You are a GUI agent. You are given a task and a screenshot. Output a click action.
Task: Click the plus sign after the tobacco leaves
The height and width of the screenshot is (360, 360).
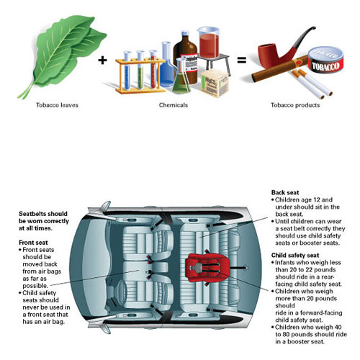coord(102,60)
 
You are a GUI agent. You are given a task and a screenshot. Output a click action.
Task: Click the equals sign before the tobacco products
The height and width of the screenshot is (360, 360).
coord(242,60)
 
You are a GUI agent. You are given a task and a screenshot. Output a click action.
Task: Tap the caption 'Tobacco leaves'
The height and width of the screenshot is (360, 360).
coord(57,105)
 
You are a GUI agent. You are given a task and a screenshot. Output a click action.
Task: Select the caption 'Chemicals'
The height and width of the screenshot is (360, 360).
coord(174,105)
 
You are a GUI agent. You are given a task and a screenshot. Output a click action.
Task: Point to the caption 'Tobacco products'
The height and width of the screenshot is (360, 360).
coord(295,105)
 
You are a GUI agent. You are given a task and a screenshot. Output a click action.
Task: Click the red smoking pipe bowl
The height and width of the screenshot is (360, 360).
coord(268,55)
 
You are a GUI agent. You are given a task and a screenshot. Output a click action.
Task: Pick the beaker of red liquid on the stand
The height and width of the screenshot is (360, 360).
coord(208,42)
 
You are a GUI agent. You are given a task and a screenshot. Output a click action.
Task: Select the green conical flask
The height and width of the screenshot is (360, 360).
coord(181,77)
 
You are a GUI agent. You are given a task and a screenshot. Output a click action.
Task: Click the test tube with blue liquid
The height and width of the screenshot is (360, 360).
coord(127,71)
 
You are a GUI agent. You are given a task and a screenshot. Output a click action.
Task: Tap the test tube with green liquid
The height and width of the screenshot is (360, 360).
coord(140,70)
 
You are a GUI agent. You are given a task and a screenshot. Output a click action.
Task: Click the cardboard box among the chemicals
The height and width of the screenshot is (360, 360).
coord(215,84)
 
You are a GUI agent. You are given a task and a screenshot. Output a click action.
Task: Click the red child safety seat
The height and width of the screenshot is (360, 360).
coord(207,268)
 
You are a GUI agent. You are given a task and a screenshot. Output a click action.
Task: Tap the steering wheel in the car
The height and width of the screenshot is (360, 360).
coord(122,292)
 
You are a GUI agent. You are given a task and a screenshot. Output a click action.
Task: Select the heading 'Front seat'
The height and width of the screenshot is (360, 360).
coord(33,243)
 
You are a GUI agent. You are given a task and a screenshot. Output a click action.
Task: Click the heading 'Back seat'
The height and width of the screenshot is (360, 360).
coord(285,192)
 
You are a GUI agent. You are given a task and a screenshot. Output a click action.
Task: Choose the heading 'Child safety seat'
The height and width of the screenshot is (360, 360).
coord(295,255)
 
